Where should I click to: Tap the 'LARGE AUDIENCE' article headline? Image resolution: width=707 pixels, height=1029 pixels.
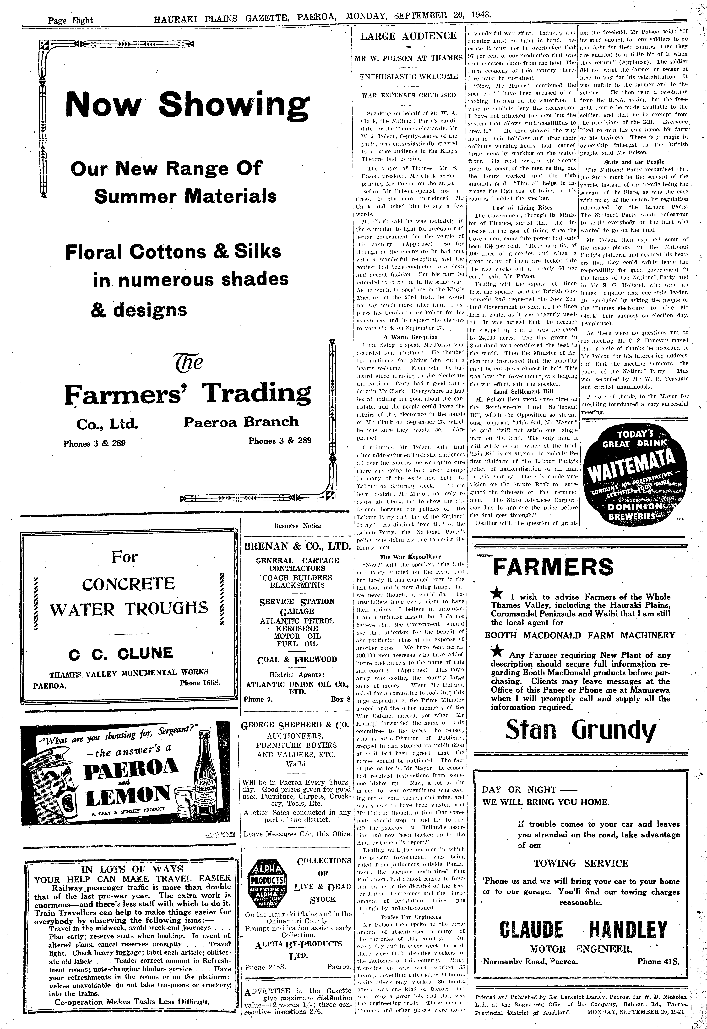pyautogui.click(x=408, y=36)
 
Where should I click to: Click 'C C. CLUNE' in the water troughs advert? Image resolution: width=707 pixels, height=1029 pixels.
pyautogui.click(x=120, y=653)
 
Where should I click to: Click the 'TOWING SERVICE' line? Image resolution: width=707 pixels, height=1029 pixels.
pyautogui.click(x=581, y=863)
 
